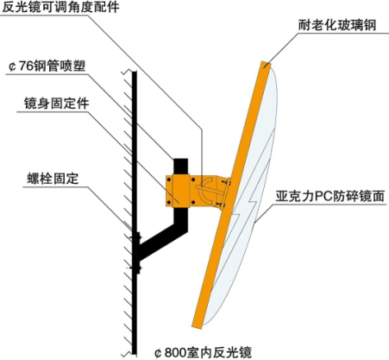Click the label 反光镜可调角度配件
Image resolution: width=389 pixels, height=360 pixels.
60,7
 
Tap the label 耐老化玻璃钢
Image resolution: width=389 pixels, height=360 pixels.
337,25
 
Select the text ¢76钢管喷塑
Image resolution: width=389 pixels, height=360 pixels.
47,66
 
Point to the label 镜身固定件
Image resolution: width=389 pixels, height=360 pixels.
56,104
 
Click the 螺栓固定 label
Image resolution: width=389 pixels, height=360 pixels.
53,179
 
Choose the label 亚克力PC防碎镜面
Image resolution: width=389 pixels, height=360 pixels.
329,196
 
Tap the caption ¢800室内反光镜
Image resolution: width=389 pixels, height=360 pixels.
203,352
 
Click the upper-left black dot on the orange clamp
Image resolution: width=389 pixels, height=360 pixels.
169,180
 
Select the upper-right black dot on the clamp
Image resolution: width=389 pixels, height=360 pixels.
192,180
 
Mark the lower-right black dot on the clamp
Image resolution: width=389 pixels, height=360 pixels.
192,203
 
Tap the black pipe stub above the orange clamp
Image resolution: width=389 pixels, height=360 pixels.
180,167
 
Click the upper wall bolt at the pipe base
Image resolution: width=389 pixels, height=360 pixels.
135,237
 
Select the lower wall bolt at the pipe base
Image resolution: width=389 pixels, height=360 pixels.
135,268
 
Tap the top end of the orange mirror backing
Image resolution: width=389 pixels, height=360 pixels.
266,65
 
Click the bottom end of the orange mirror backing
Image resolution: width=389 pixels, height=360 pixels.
197,324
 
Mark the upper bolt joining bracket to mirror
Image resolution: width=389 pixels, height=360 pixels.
226,182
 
